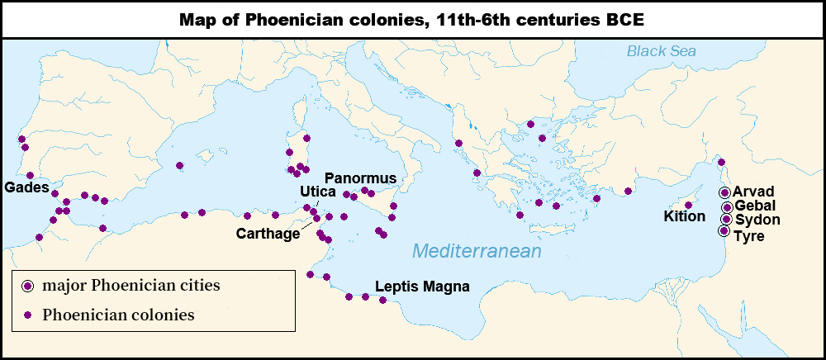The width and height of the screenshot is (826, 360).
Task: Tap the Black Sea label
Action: click(x=661, y=51)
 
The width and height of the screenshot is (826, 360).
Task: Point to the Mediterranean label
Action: click(x=477, y=251)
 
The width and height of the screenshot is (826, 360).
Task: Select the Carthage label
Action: click(x=268, y=234)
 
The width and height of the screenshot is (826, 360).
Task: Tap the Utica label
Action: click(x=317, y=192)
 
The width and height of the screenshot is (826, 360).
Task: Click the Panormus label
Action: click(x=361, y=178)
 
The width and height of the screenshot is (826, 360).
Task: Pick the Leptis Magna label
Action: click(x=422, y=287)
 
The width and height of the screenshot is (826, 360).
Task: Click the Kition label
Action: click(x=685, y=216)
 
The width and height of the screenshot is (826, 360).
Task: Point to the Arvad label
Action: click(x=752, y=192)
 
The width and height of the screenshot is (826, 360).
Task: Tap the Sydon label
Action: click(x=757, y=220)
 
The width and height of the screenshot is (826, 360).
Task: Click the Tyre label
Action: click(x=749, y=236)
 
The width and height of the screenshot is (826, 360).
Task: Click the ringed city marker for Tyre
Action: click(x=724, y=231)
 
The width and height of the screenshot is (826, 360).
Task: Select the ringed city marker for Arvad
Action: click(x=725, y=192)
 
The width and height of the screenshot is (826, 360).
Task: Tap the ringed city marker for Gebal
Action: click(x=727, y=206)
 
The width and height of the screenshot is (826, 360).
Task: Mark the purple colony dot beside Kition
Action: click(x=688, y=205)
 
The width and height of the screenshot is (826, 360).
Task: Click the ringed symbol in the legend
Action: click(x=28, y=287)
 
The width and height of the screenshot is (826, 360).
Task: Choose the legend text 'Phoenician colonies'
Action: click(x=118, y=315)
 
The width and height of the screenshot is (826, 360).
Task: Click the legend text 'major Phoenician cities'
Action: click(x=131, y=287)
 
